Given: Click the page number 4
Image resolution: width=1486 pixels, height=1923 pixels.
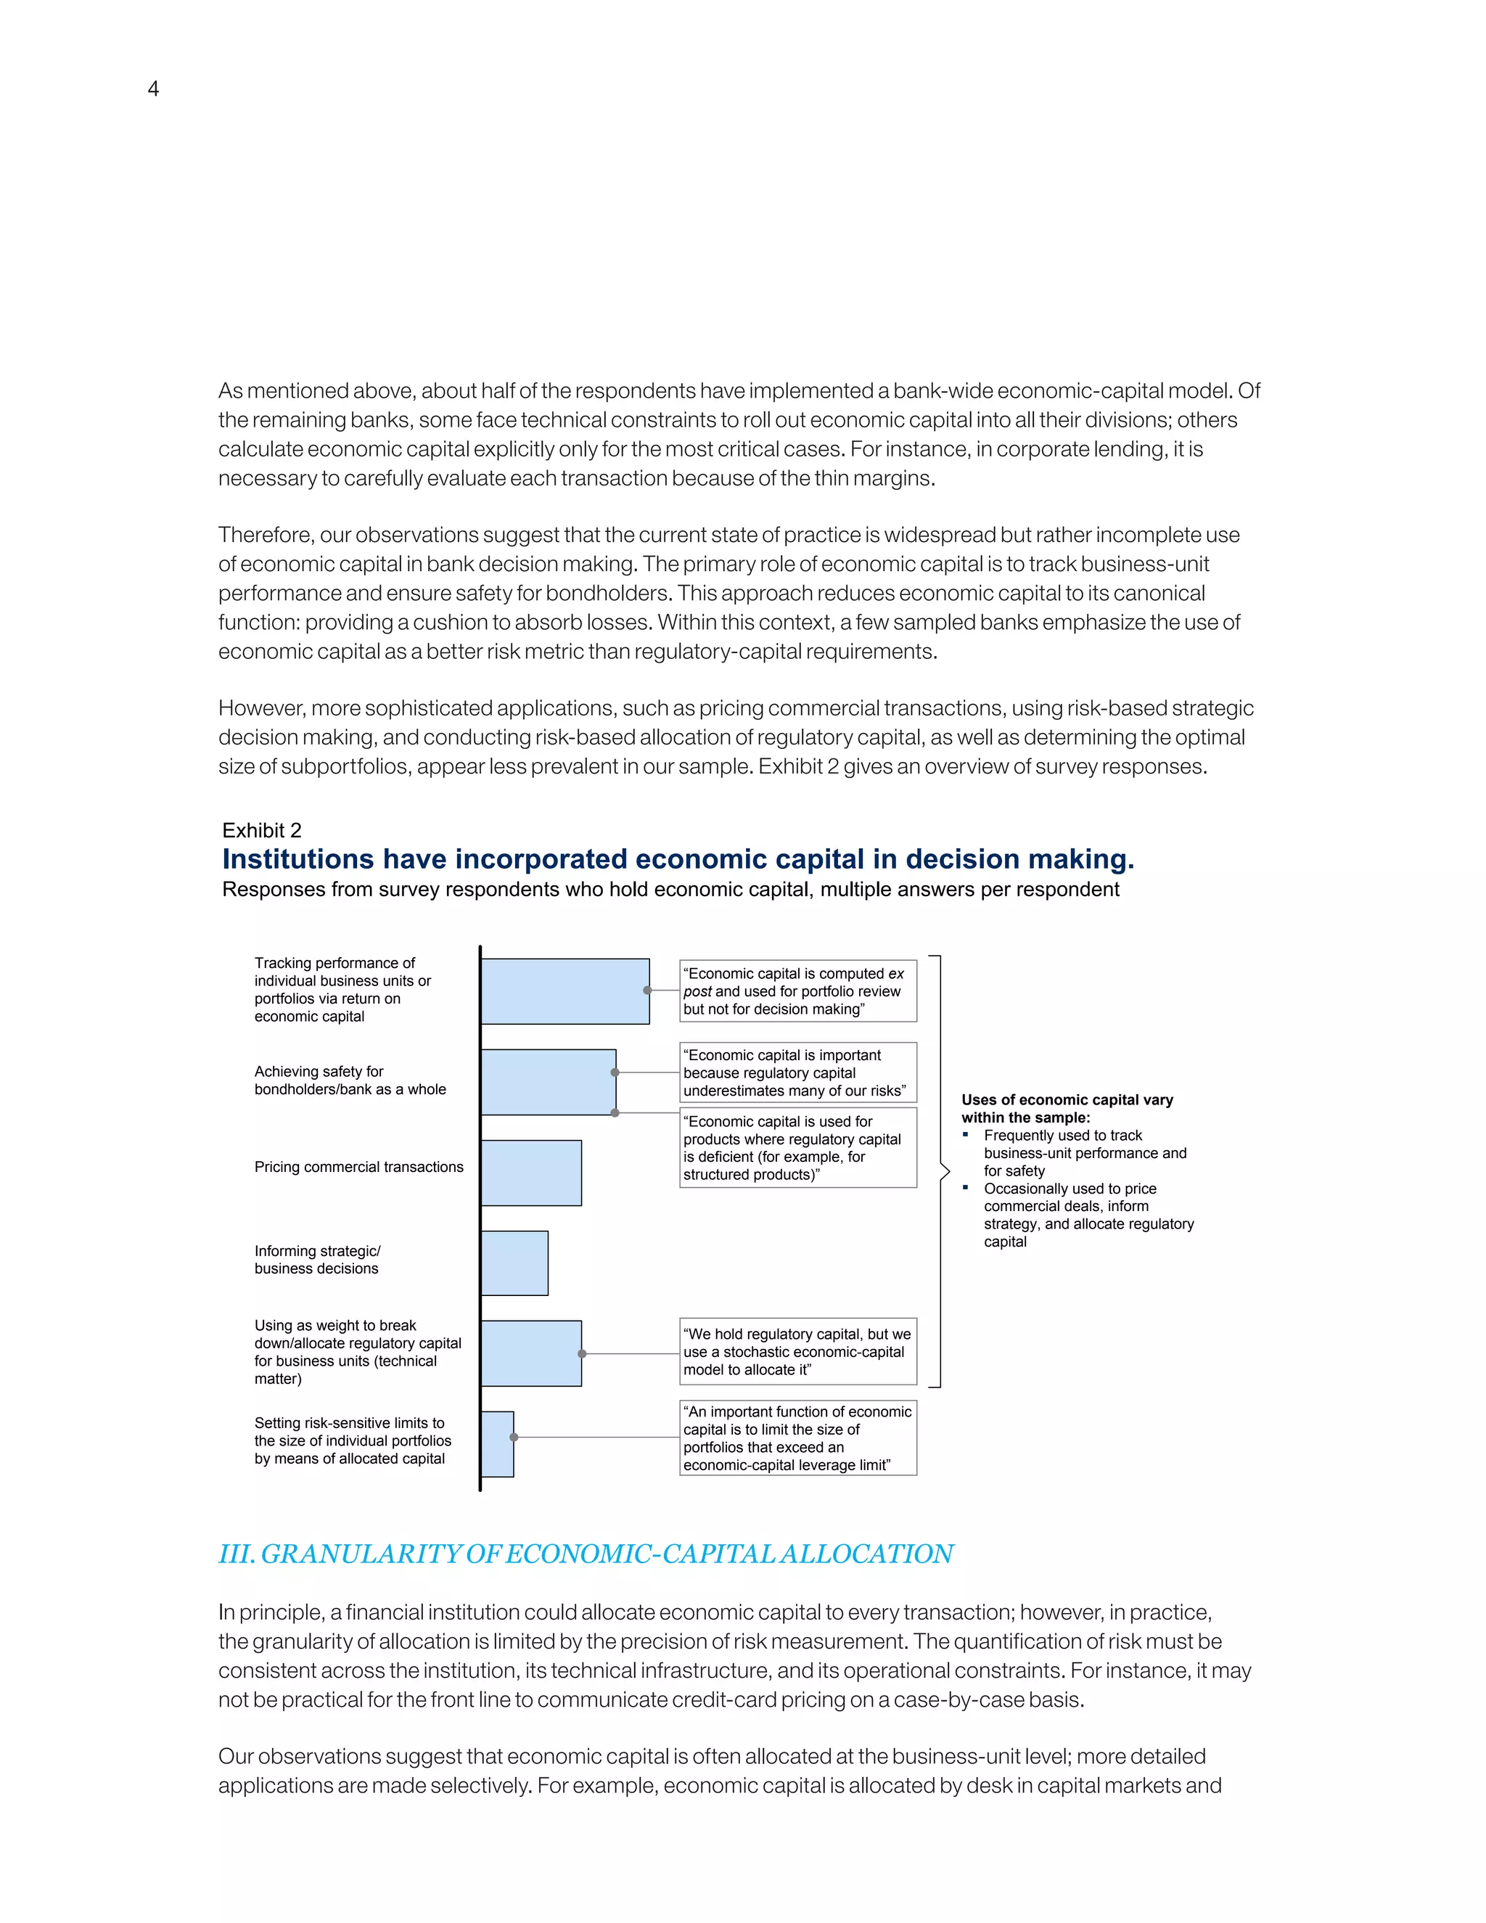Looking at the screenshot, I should pos(153,89).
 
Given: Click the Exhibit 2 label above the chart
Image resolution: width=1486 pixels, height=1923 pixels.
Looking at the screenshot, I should pos(261,830).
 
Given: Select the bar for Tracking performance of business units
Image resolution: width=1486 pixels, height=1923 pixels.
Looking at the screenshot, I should pos(565,991).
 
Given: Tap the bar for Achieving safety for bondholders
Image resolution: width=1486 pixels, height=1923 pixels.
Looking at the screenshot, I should pos(548,1082).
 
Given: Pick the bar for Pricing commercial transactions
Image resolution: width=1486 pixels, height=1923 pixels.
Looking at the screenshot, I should pos(531,1173).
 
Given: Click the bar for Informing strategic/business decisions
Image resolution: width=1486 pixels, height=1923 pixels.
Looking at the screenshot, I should pos(514,1263).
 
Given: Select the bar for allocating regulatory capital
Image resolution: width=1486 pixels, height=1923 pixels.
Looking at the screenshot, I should pos(531,1353).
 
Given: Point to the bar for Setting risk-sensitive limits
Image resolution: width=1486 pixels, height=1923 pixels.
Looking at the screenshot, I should pos(497,1444).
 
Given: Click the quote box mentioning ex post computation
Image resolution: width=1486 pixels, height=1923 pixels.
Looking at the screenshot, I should pos(797,991).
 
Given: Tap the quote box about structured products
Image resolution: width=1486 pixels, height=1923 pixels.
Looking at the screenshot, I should pos(797,1147).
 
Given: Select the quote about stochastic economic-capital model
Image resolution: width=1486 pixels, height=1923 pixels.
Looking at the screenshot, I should pos(797,1352).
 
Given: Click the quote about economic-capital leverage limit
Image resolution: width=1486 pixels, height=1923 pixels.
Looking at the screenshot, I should pos(797,1438).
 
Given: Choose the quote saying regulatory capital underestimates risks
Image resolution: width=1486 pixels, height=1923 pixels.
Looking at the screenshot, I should pos(797,1073).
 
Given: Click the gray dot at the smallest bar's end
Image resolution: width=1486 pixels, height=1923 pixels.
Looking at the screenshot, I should pos(514,1437).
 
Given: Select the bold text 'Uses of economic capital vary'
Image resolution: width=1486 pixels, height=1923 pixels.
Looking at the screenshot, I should pos(1066,1099).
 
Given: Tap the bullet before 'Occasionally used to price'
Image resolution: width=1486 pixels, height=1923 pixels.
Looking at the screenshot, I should pos(966,1188).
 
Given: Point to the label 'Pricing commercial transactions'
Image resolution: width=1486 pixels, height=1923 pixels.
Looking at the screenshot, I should pos(358,1167).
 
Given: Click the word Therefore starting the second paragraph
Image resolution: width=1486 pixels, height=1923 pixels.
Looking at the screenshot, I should pos(264,536).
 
